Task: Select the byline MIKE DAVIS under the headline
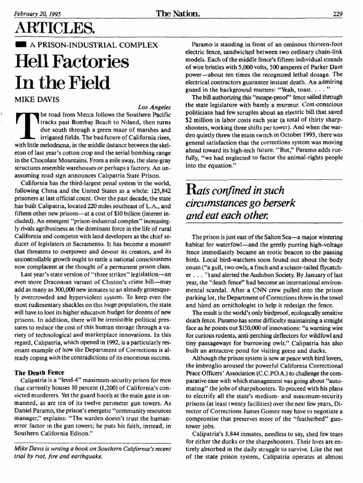[x=36, y=100]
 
